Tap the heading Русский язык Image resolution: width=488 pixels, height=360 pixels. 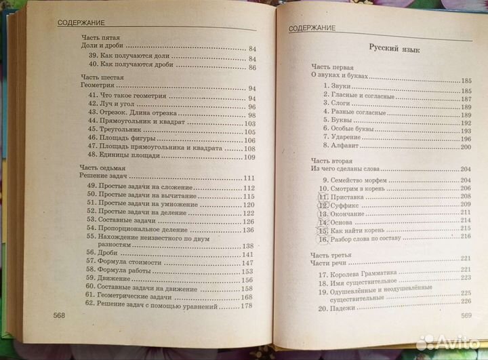pyautogui.click(x=392, y=49)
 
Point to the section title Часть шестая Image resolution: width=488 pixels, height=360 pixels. pyautogui.click(x=98, y=79)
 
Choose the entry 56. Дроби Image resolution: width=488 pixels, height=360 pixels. pyautogui.click(x=102, y=254)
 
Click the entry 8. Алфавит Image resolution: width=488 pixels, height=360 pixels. pyautogui.click(x=338, y=146)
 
